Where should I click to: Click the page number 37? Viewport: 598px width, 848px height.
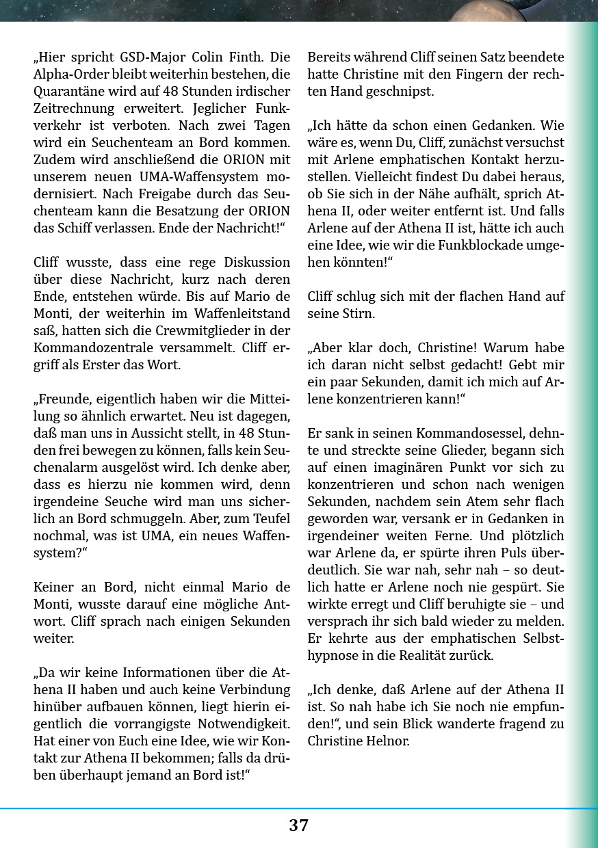[298, 825]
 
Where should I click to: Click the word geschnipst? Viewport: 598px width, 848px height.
[400, 92]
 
